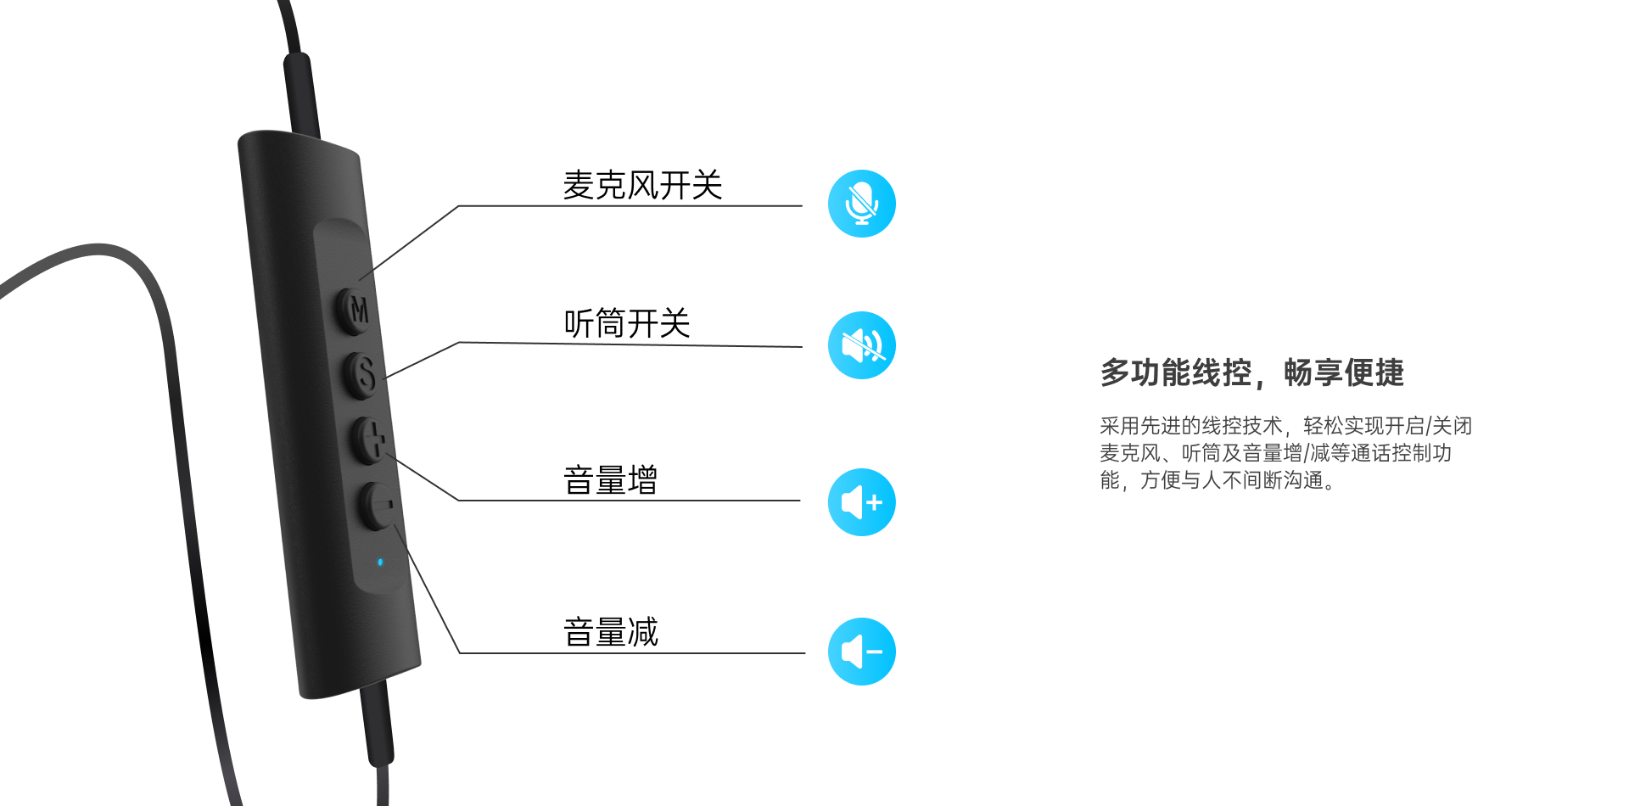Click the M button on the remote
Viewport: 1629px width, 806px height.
click(355, 310)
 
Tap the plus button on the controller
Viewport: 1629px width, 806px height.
click(370, 439)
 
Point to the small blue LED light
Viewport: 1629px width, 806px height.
click(380, 562)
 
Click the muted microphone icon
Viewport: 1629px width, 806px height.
click(862, 204)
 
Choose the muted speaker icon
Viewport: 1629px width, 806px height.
click(862, 345)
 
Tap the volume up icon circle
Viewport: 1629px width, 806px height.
click(862, 502)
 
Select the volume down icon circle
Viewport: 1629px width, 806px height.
click(862, 652)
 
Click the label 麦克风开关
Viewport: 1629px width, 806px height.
click(642, 185)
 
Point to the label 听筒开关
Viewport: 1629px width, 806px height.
click(627, 323)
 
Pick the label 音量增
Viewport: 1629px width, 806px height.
click(611, 480)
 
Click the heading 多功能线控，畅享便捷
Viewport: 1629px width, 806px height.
click(1251, 372)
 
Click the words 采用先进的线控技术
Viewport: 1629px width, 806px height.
click(1190, 426)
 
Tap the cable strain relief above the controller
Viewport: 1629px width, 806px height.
click(301, 93)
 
